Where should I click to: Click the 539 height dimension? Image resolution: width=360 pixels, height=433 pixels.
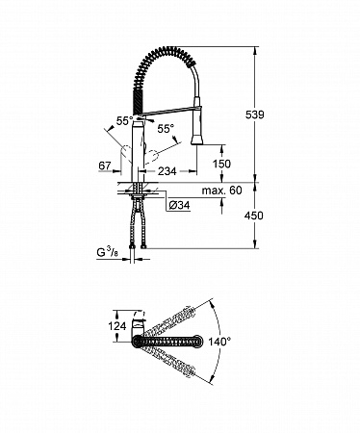tap(254, 115)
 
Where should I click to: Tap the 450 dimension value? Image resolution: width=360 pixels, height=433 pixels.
tap(253, 216)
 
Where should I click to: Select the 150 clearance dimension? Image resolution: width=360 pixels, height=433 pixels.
tap(221, 164)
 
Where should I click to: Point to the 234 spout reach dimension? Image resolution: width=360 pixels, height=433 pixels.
tap(167, 171)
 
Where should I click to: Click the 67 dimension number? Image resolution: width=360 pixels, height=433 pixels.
tap(105, 166)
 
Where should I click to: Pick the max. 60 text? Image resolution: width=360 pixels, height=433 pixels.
tap(221, 191)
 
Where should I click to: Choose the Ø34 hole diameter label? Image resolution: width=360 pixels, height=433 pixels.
tap(179, 205)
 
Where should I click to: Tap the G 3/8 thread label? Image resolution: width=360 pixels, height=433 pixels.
tap(108, 253)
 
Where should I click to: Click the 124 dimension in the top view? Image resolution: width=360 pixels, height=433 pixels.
tap(117, 326)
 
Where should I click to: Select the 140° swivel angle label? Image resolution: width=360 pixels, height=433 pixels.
tap(219, 342)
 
